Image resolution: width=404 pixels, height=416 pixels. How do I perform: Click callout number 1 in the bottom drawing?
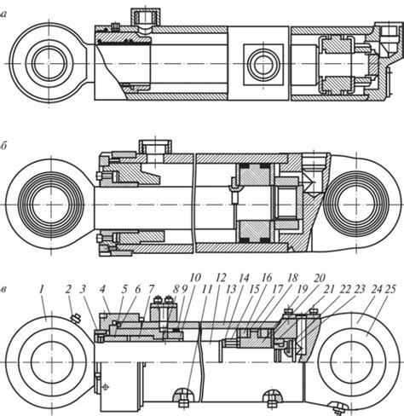[x=42, y=290]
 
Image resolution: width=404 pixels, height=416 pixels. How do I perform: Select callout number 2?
[x=68, y=290]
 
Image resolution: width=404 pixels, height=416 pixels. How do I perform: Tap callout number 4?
[x=102, y=290]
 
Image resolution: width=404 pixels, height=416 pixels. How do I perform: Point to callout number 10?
[x=195, y=278]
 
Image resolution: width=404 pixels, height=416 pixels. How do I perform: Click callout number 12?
[x=221, y=278]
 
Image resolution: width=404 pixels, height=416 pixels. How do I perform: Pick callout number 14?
[x=245, y=278]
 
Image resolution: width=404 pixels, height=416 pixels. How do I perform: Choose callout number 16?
[x=267, y=278]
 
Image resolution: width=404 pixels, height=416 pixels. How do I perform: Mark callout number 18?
[x=293, y=278]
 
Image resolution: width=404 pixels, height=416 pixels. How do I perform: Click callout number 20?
[x=320, y=278]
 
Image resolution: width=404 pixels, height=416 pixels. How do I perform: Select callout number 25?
[x=390, y=290]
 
